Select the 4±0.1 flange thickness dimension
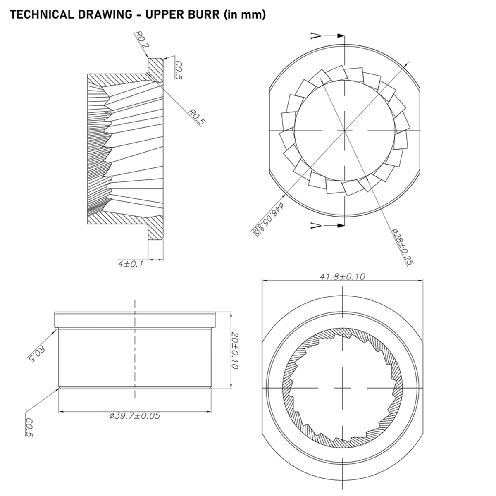(130, 264)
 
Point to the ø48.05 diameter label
(267, 219)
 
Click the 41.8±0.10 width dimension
(342, 277)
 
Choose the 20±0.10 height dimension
(236, 351)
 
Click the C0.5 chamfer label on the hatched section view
(179, 70)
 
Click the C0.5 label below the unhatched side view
(29, 428)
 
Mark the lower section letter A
(315, 225)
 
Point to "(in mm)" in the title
(244, 15)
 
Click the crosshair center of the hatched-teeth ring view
(343, 389)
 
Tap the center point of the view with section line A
(344, 131)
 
